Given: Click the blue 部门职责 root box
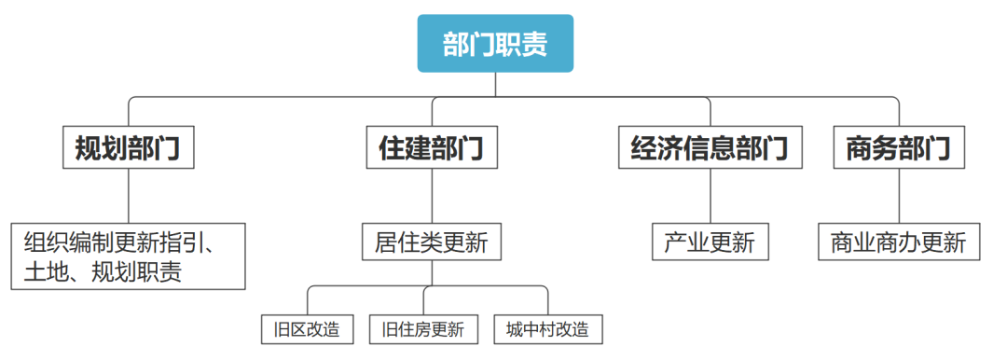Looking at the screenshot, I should click(x=495, y=44).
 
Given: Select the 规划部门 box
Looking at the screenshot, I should click(x=128, y=147).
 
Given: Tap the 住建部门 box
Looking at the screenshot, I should click(x=431, y=147).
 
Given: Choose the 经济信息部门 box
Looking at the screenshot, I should click(x=710, y=147).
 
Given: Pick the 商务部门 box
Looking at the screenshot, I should click(x=899, y=147).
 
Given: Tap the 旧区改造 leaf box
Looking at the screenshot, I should click(x=307, y=329).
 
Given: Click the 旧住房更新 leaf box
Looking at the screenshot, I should click(x=423, y=329).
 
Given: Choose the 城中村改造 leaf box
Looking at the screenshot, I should click(x=547, y=329).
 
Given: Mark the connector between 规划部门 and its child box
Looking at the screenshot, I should click(x=128, y=196).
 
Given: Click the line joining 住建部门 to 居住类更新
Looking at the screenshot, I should click(x=431, y=196).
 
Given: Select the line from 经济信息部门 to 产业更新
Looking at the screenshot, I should click(x=710, y=196).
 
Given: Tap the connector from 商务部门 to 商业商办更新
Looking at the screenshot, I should click(x=899, y=196).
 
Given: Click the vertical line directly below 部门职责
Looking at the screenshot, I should click(x=495, y=84).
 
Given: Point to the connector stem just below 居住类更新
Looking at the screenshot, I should click(x=431, y=271).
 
